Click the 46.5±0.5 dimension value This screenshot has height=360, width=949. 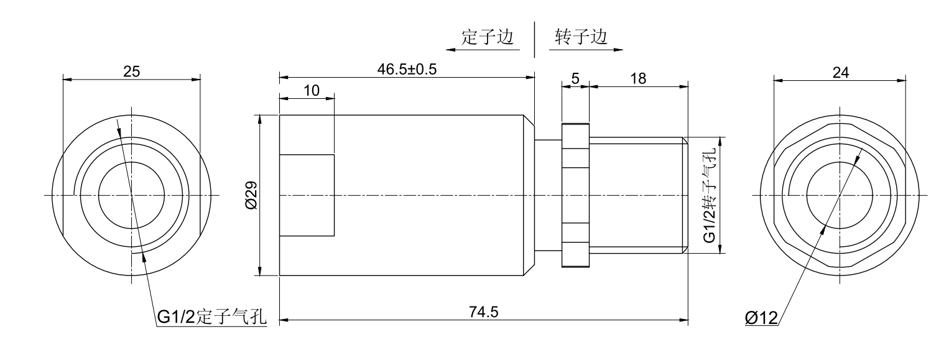point(408,69)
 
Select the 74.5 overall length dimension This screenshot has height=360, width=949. point(483,312)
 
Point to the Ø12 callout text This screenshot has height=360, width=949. point(761,318)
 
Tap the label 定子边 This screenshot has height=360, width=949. point(488,37)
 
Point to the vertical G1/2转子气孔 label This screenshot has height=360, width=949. point(710,196)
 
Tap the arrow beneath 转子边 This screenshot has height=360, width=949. point(586,49)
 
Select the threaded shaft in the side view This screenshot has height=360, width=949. point(637,195)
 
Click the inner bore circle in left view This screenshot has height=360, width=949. point(131,195)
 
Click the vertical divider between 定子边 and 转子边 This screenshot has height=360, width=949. point(534,40)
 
